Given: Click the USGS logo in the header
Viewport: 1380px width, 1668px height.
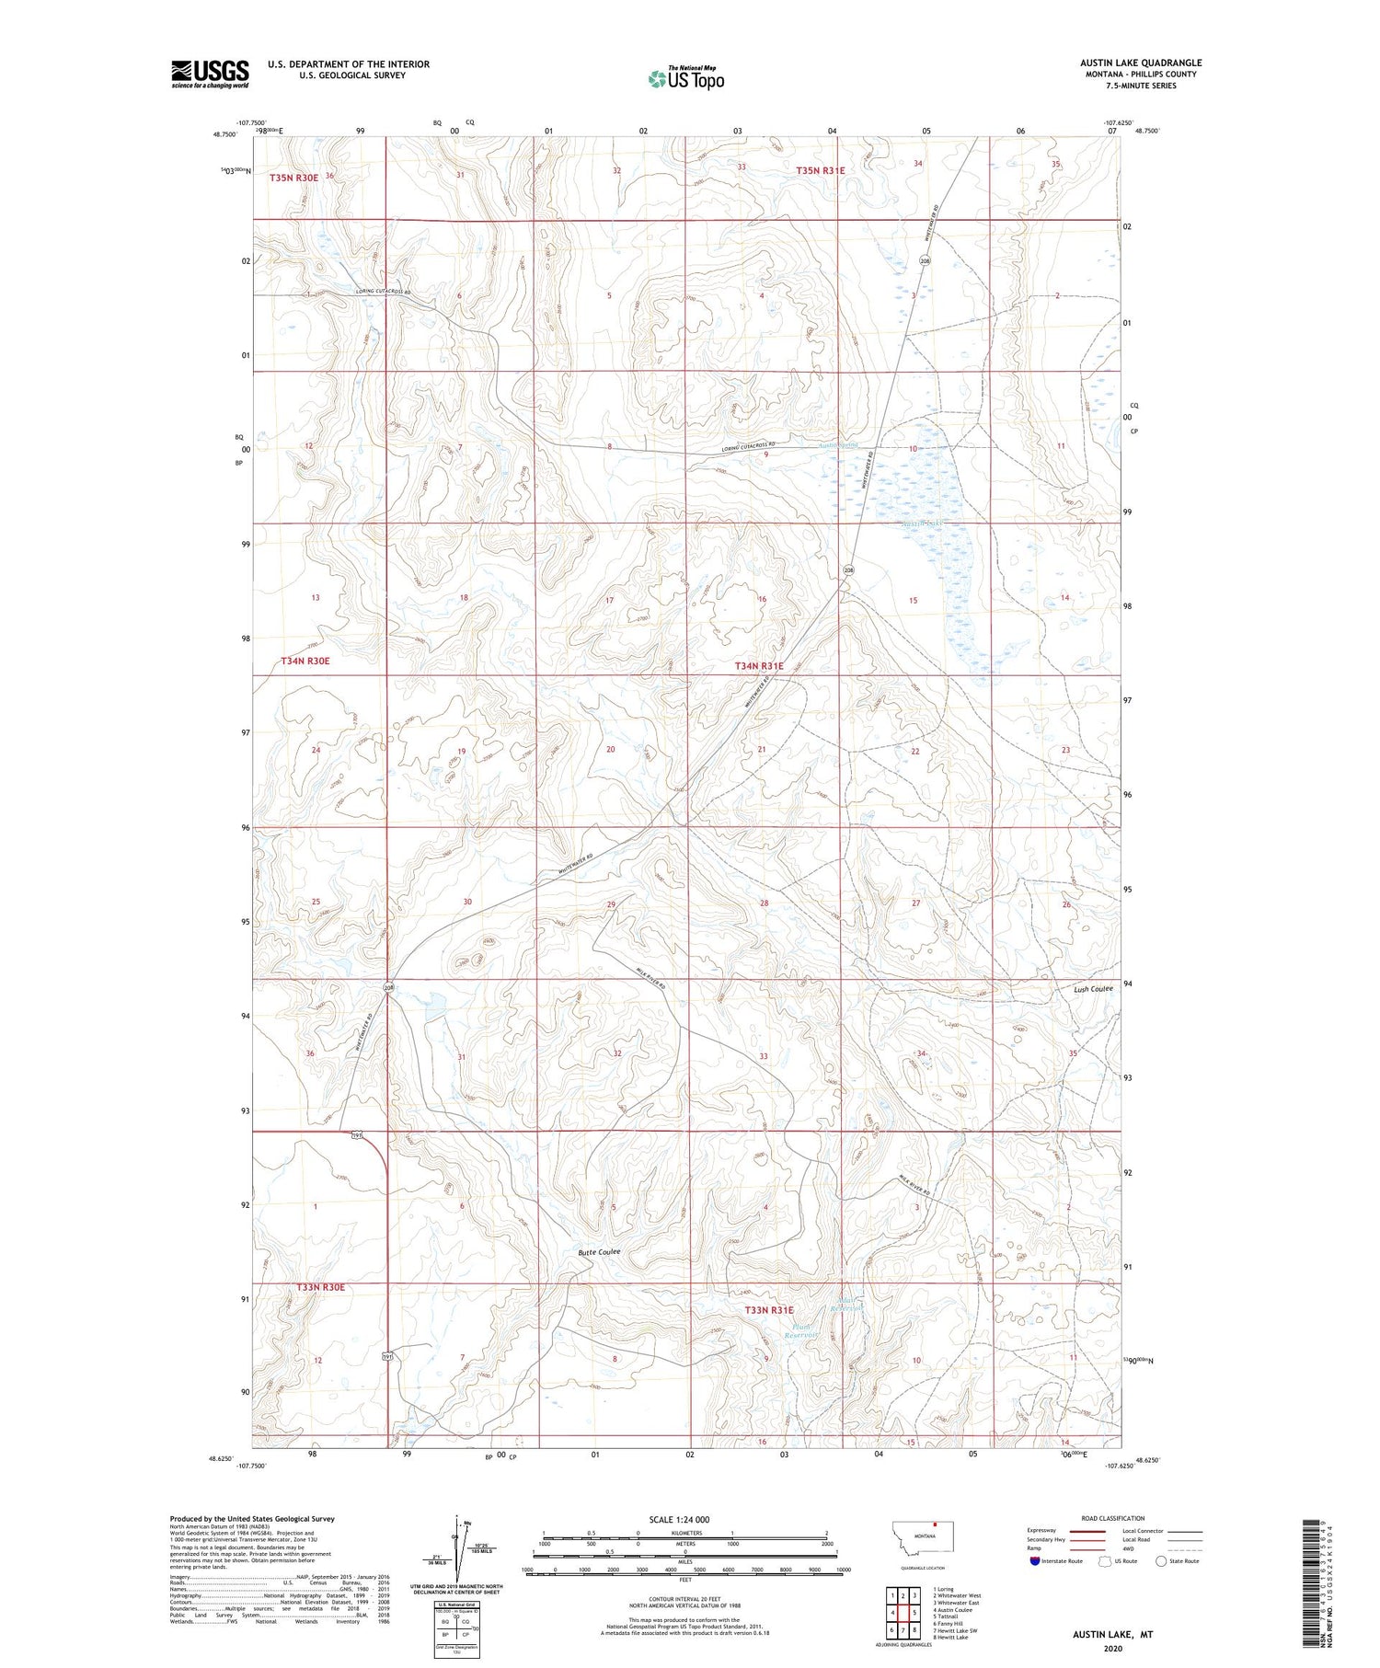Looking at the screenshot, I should [x=210, y=74].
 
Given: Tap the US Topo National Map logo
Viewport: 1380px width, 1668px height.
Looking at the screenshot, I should [x=685, y=78].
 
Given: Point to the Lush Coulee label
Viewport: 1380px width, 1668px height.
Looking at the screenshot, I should [x=1093, y=989].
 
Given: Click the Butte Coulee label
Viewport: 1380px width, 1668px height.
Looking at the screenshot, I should [x=599, y=1252].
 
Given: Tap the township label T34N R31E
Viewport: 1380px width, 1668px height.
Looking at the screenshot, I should [x=759, y=665].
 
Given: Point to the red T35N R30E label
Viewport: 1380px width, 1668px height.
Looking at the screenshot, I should [x=293, y=177].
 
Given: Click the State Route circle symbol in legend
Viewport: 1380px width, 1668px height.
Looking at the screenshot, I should [x=1161, y=1561].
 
